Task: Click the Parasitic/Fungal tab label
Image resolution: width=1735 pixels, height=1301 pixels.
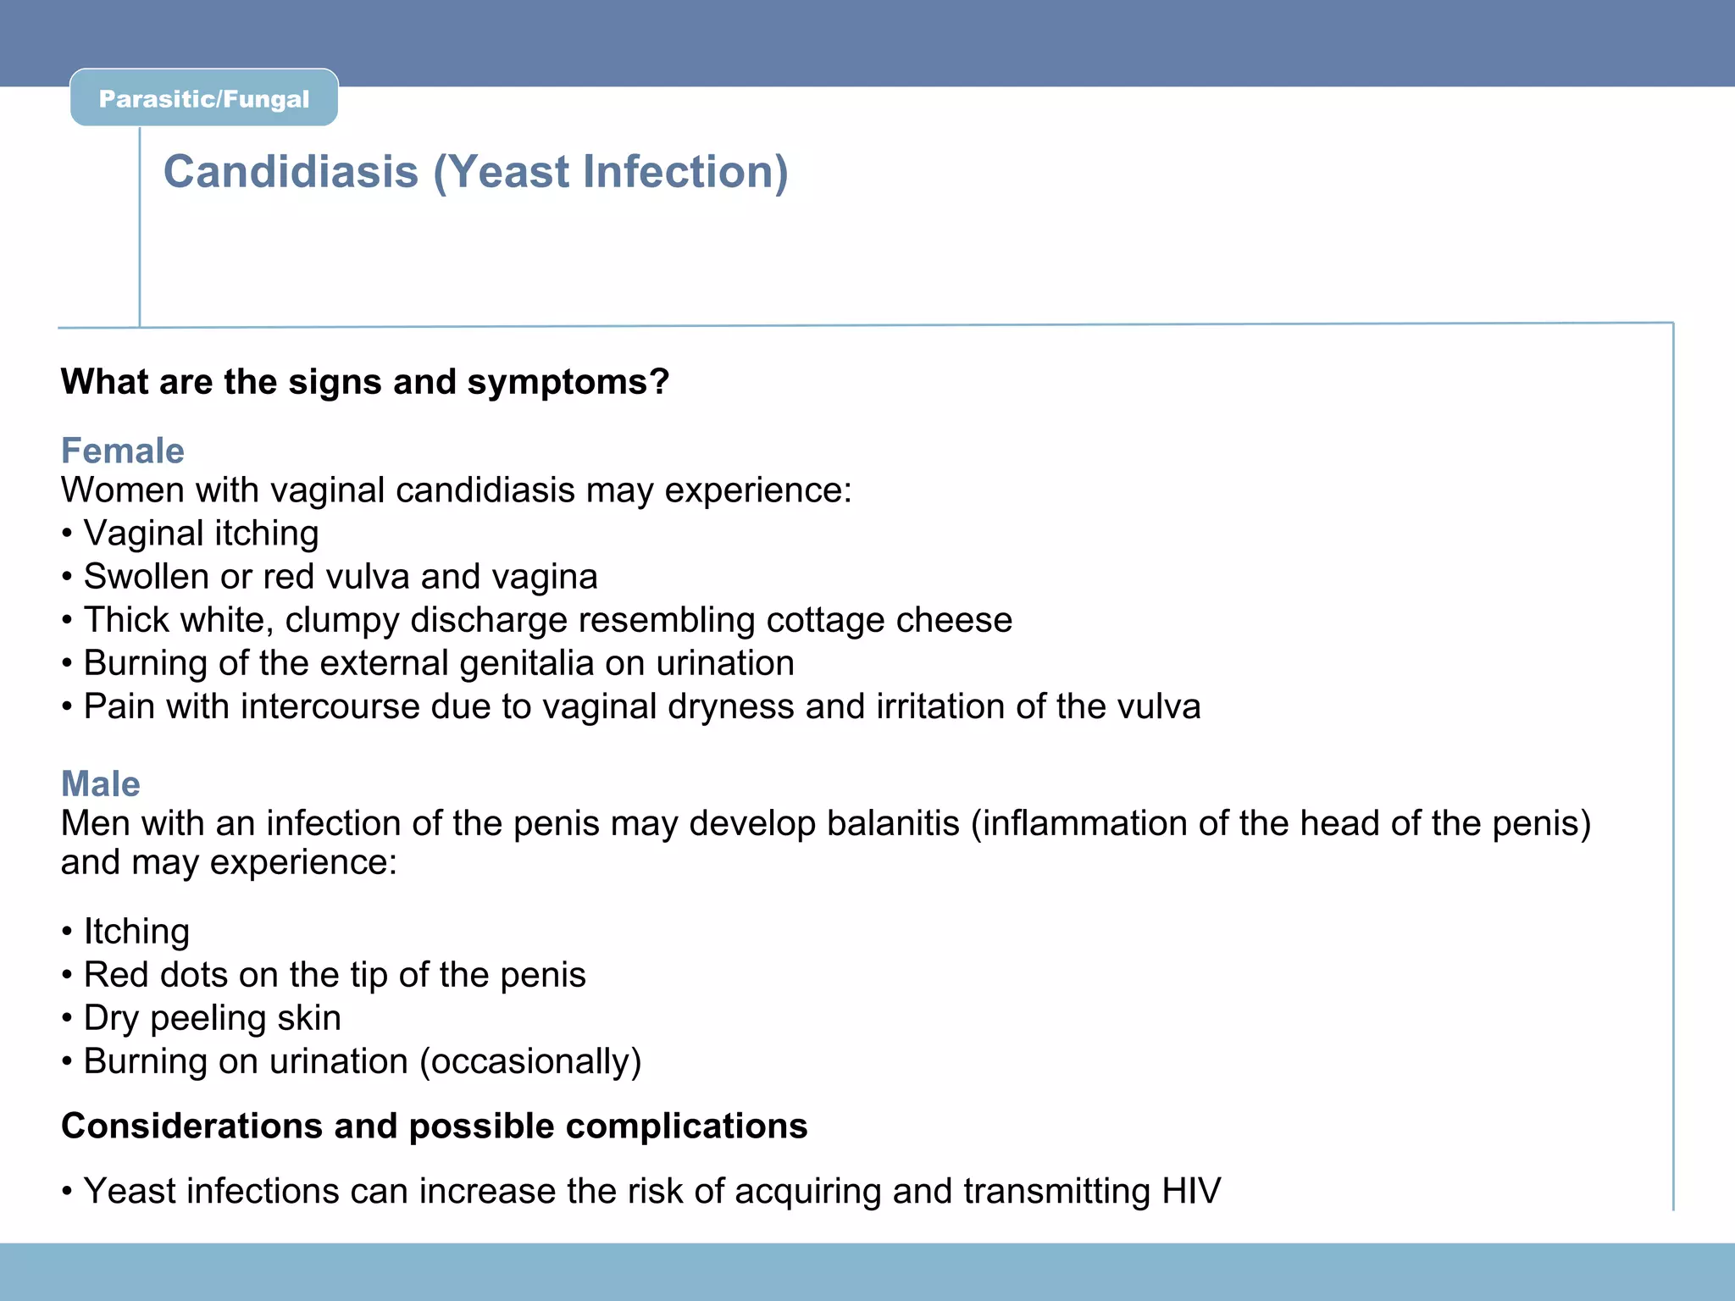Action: [x=204, y=99]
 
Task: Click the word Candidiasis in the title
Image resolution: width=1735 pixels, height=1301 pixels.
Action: [x=291, y=172]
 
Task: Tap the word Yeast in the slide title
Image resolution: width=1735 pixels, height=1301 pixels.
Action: [x=509, y=172]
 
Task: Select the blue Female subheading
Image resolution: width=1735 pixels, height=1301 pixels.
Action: [x=122, y=451]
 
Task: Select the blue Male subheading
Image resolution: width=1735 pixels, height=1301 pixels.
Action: [x=100, y=783]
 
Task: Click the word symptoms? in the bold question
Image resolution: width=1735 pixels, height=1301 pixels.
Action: [x=568, y=382]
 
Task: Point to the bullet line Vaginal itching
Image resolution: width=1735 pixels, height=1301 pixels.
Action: [x=200, y=534]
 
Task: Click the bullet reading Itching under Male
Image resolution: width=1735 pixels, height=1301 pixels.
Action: [x=136, y=932]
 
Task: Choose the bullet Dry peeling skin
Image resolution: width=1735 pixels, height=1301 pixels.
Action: [x=212, y=1018]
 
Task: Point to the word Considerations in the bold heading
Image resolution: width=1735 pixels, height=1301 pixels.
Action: [x=191, y=1127]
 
